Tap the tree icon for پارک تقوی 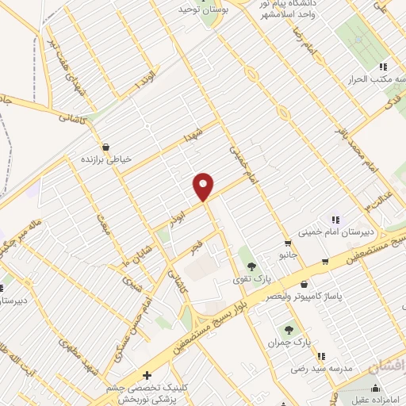(x=251, y=266)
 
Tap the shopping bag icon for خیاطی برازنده (x=105, y=147)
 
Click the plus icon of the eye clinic (x=146, y=375)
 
